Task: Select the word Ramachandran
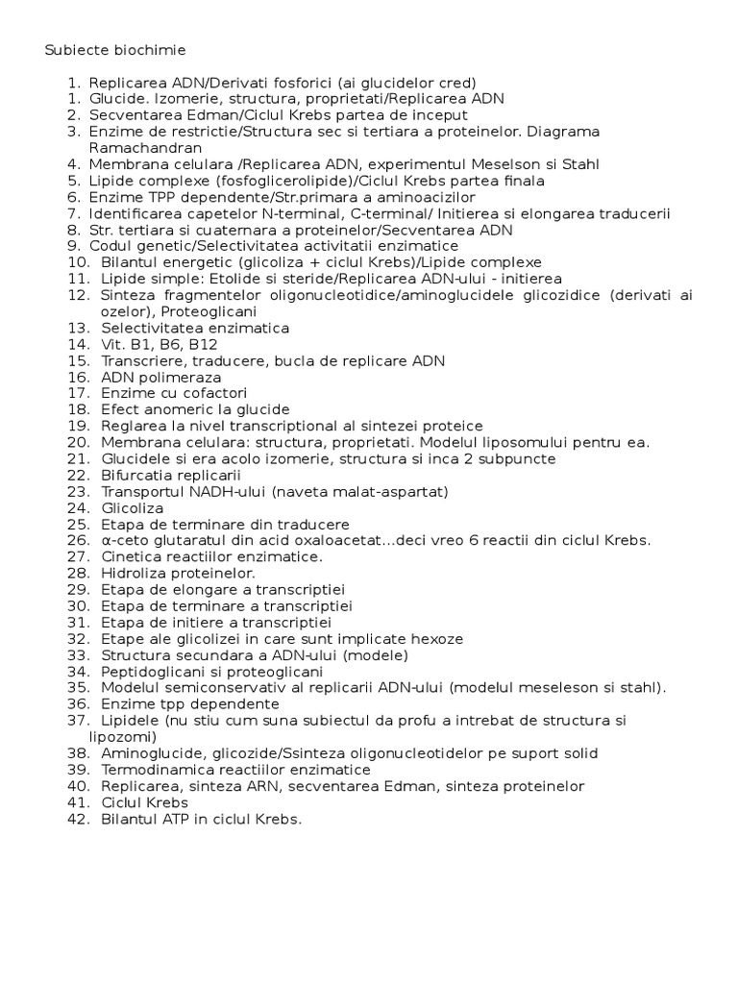tap(145, 148)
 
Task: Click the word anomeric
tap(178, 409)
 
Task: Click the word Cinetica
tap(131, 556)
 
